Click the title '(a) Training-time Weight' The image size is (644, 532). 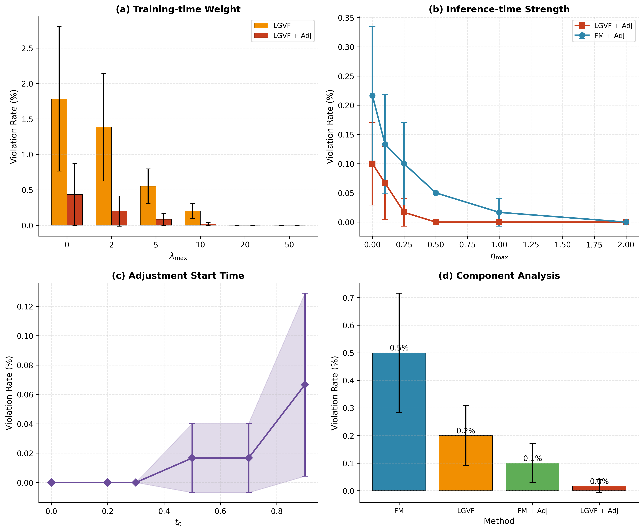pyautogui.click(x=178, y=9)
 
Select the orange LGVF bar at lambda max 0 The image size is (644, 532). pyautogui.click(x=59, y=162)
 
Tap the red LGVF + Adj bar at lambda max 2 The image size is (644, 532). pyautogui.click(x=119, y=218)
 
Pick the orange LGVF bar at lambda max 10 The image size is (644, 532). pyautogui.click(x=192, y=218)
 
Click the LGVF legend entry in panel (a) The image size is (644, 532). pyautogui.click(x=282, y=26)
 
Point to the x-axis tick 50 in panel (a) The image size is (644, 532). pyautogui.click(x=289, y=245)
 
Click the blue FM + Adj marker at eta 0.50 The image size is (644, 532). pyautogui.click(x=436, y=193)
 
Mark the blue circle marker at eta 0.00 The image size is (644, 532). pyautogui.click(x=372, y=96)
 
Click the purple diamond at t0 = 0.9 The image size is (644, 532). pyautogui.click(x=305, y=385)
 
